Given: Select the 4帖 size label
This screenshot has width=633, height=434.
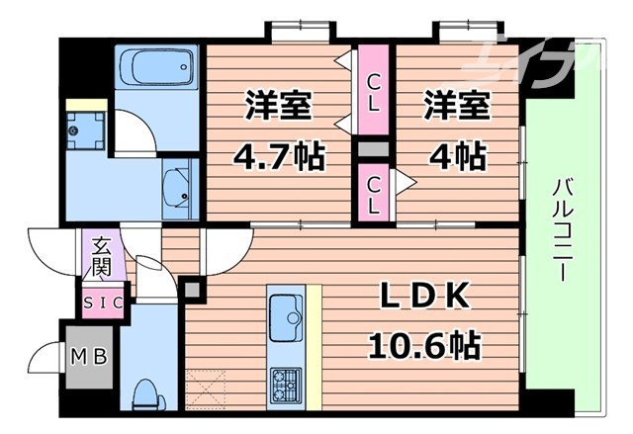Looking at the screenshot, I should pyautogui.click(x=456, y=155).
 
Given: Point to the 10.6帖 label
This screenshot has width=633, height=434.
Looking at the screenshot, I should pyautogui.click(x=424, y=345).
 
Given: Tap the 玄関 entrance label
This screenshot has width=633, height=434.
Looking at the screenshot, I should pyautogui.click(x=103, y=257).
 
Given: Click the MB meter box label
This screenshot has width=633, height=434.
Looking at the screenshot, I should pyautogui.click(x=93, y=354).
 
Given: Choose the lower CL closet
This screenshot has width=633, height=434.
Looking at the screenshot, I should pyautogui.click(x=374, y=194).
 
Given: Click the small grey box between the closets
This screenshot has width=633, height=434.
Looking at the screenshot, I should pyautogui.click(x=374, y=149).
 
